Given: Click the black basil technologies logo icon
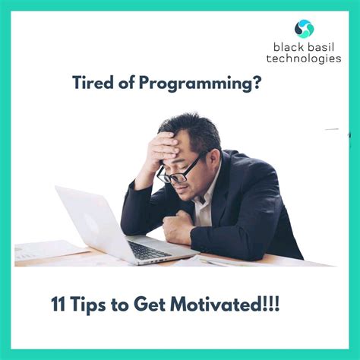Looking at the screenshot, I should coord(304,29).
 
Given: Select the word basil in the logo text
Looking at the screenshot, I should coord(318,47).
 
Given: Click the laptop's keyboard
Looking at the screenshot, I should coord(149,250).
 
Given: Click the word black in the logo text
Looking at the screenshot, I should coord(288,47).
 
